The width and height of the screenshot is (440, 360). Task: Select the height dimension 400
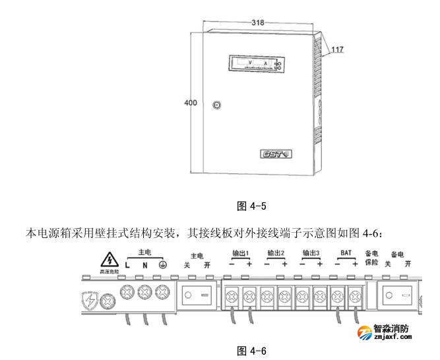(x=190, y=103)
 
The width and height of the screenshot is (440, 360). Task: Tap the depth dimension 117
(x=337, y=49)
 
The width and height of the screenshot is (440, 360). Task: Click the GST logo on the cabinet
(x=276, y=154)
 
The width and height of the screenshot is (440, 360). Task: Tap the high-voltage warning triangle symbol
(x=106, y=260)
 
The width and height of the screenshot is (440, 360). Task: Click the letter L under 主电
(x=127, y=266)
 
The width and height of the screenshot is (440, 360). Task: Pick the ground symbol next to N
(x=162, y=266)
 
